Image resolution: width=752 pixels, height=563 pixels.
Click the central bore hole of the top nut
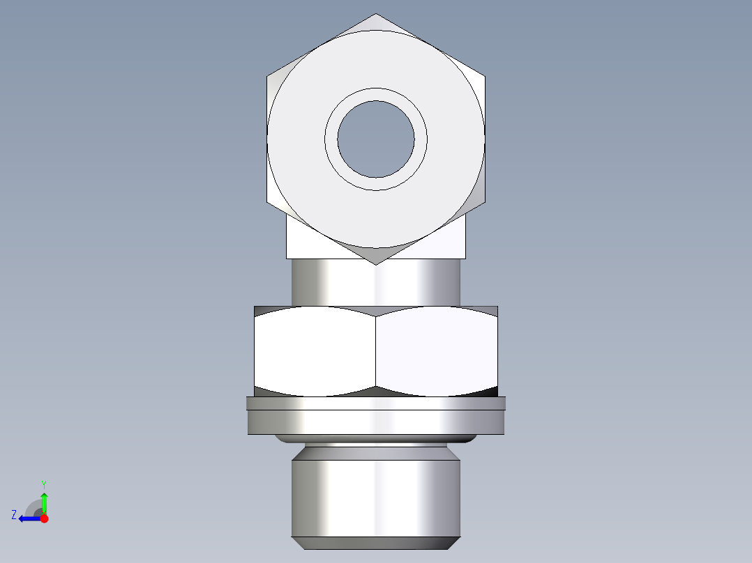tap(375, 139)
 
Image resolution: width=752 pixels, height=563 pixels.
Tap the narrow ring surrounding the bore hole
tap(375, 95)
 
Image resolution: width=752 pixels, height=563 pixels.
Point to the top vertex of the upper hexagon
tap(376, 14)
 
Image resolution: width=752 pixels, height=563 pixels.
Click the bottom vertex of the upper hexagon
tap(376, 264)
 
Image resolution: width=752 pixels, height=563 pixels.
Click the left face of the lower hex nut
tap(314, 352)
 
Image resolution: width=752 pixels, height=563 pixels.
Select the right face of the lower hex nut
tap(437, 352)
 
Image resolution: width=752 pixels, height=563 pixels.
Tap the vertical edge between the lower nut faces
tap(376, 352)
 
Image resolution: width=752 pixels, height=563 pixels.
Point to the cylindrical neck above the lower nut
tap(376, 283)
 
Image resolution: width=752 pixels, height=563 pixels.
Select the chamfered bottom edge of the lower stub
tap(376, 543)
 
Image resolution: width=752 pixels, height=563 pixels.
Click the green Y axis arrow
tap(44, 501)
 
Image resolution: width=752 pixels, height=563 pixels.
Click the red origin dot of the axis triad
tap(44, 518)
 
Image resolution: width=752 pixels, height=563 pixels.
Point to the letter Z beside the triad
tap(14, 515)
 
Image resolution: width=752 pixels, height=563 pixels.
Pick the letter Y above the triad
tap(43, 484)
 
